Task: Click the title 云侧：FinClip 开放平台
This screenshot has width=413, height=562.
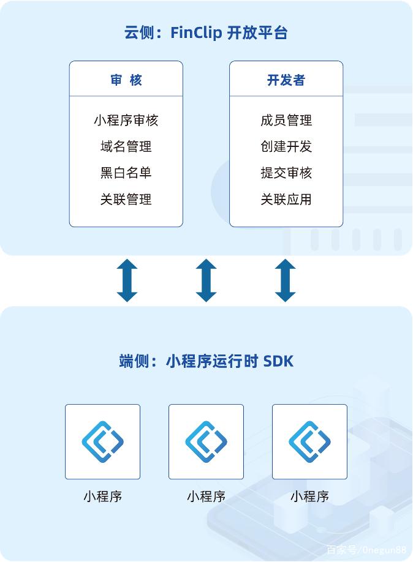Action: [206, 32]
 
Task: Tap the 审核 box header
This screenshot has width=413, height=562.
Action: [126, 80]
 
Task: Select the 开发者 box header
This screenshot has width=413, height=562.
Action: [286, 80]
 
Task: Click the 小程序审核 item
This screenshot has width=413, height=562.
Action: [126, 120]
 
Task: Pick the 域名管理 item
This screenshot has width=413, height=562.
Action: [126, 146]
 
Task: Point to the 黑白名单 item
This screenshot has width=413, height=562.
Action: [126, 173]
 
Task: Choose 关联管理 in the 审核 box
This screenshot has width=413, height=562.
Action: [126, 200]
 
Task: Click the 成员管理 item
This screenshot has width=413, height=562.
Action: [286, 120]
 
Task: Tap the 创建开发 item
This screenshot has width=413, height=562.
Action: [286, 146]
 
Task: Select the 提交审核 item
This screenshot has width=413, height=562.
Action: [286, 173]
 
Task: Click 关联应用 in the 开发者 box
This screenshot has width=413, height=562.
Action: [286, 200]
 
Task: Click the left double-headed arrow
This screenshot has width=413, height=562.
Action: [127, 280]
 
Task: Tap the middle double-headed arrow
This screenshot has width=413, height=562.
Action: [206, 280]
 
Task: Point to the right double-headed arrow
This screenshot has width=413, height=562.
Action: [286, 280]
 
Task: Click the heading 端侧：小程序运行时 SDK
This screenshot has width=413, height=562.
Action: [206, 361]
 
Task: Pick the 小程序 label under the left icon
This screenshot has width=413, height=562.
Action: [102, 496]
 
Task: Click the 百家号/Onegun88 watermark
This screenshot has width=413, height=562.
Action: [366, 550]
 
